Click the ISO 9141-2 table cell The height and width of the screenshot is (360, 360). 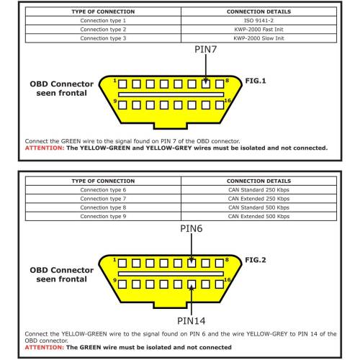click(x=258, y=21)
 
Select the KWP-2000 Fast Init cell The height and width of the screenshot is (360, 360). click(x=258, y=30)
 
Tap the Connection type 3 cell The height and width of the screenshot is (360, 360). click(x=103, y=38)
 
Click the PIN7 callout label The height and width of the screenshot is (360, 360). click(x=206, y=50)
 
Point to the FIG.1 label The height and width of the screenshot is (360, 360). click(x=256, y=81)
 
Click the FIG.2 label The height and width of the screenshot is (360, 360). click(x=256, y=260)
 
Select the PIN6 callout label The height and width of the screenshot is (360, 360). click(x=192, y=228)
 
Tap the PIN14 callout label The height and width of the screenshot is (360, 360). click(x=192, y=321)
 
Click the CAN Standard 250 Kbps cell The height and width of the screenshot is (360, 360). click(x=258, y=190)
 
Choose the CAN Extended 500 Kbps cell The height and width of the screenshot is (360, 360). click(x=258, y=217)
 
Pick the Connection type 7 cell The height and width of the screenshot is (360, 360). click(x=103, y=199)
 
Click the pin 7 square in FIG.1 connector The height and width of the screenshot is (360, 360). click(x=206, y=84)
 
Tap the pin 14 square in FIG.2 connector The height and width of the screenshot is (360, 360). click(x=192, y=284)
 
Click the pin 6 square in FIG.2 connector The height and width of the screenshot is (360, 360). click(x=192, y=264)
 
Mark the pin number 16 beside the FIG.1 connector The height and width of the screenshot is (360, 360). click(x=228, y=101)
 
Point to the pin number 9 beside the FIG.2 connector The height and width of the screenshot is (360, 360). click(x=115, y=280)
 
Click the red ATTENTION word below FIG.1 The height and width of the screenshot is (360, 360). click(x=45, y=148)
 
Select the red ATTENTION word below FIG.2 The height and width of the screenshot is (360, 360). click(x=45, y=347)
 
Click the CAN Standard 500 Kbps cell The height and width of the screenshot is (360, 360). click(x=258, y=207)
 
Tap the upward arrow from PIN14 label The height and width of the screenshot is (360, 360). click(x=192, y=300)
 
